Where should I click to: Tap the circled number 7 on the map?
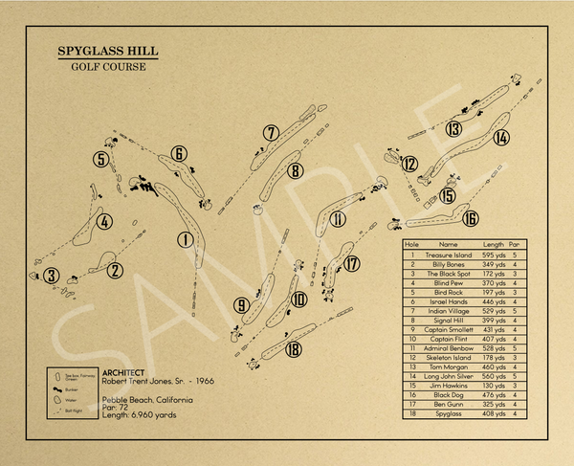(x=272, y=132)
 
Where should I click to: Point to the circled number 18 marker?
(x=294, y=349)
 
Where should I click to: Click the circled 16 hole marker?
(x=470, y=218)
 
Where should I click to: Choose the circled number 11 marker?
(x=338, y=219)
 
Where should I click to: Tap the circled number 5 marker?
(x=100, y=159)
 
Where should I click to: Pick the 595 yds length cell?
(x=494, y=255)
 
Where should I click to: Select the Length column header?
(x=494, y=245)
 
